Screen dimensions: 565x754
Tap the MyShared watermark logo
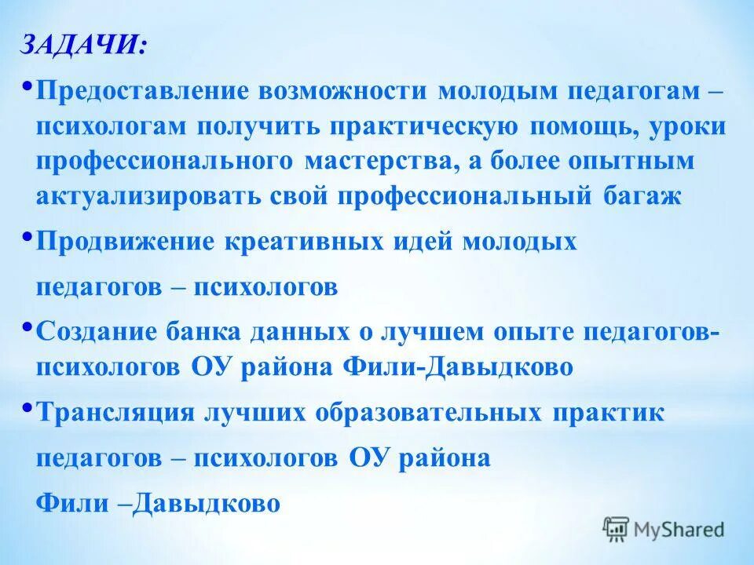pos(663,528)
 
